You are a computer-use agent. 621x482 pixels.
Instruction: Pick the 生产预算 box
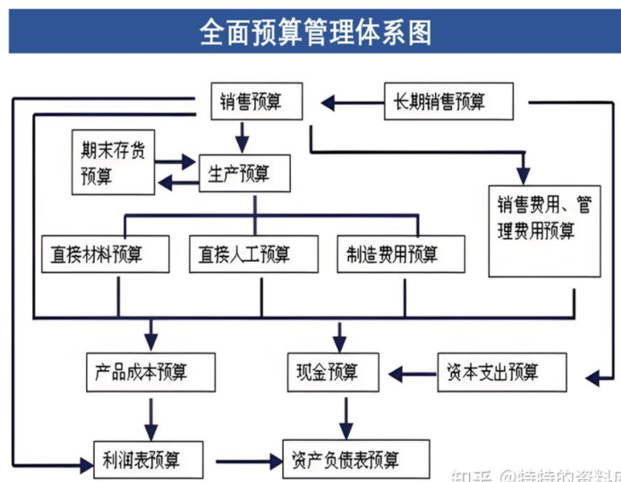pyautogui.click(x=245, y=174)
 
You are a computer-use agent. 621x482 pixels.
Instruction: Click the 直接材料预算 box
pyautogui.click(x=105, y=253)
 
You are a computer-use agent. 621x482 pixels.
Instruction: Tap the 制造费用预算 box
pyautogui.click(x=401, y=253)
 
